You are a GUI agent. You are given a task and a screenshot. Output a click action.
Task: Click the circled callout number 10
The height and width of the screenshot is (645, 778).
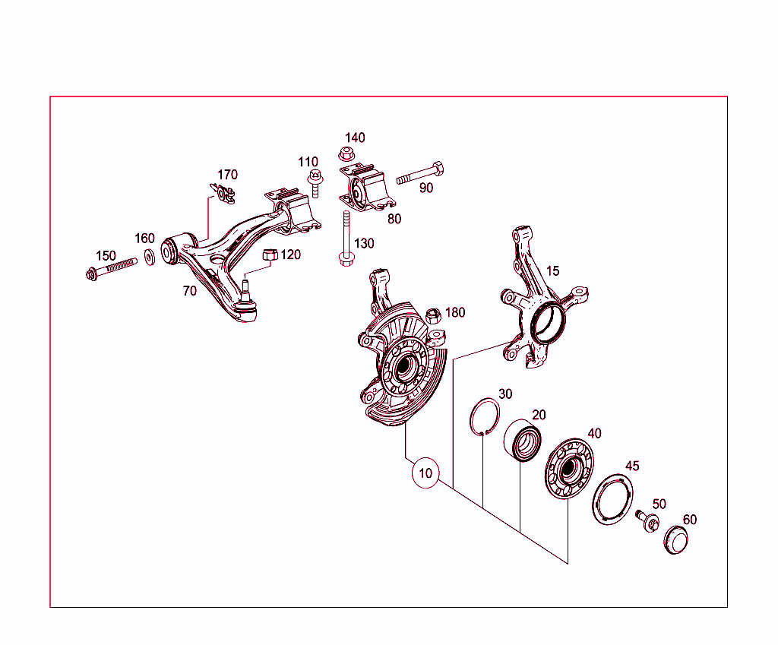[425, 473]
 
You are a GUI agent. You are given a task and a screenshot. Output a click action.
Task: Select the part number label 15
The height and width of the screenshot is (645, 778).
[552, 271]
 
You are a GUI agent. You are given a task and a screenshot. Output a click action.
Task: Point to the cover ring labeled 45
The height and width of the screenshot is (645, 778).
[612, 498]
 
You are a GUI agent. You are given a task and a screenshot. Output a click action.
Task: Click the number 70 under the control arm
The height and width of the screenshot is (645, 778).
[189, 291]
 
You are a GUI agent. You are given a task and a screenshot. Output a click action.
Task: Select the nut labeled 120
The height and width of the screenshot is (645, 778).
[269, 255]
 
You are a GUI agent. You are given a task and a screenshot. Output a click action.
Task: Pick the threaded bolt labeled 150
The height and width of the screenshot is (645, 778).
[111, 268]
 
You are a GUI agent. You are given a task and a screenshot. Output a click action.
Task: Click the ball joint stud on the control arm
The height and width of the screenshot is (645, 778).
[247, 292]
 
